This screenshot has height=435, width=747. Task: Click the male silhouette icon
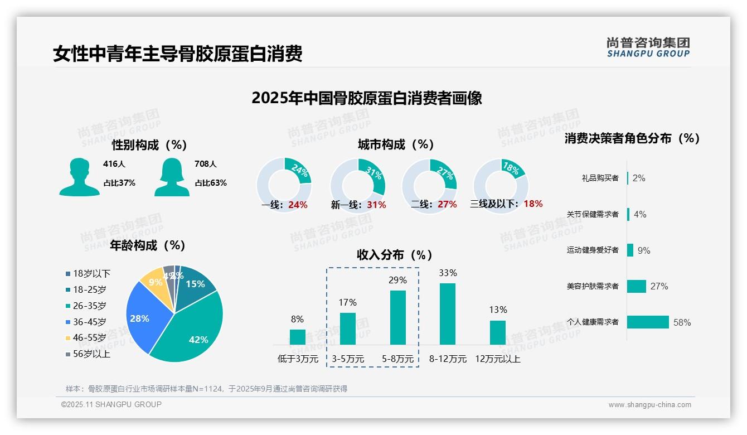80,177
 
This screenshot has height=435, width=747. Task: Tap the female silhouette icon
172,177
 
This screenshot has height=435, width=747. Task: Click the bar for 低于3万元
298,337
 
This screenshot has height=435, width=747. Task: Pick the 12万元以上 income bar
498,332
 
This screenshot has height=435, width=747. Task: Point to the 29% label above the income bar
397,280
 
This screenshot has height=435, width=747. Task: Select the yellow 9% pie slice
152,283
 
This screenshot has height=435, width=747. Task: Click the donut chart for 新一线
358,185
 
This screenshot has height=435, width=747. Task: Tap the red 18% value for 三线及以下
533,204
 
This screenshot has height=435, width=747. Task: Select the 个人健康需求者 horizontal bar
648,322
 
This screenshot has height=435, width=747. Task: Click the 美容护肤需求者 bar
637,286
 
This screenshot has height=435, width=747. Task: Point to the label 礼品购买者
600,178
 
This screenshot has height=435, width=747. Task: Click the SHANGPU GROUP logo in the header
648,47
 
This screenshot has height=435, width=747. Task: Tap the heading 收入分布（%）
395,255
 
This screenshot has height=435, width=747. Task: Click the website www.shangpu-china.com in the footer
649,405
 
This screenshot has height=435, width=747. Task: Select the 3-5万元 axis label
348,359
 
